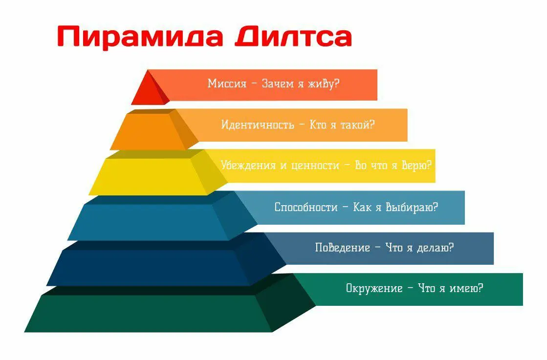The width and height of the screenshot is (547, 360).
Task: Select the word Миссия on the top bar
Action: (227, 84)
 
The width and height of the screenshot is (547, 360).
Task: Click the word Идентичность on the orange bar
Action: (258, 124)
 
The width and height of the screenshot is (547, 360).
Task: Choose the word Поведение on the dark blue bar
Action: (343, 248)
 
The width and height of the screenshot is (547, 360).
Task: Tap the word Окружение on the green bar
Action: (374, 288)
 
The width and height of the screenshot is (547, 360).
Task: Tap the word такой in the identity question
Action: (358, 124)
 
